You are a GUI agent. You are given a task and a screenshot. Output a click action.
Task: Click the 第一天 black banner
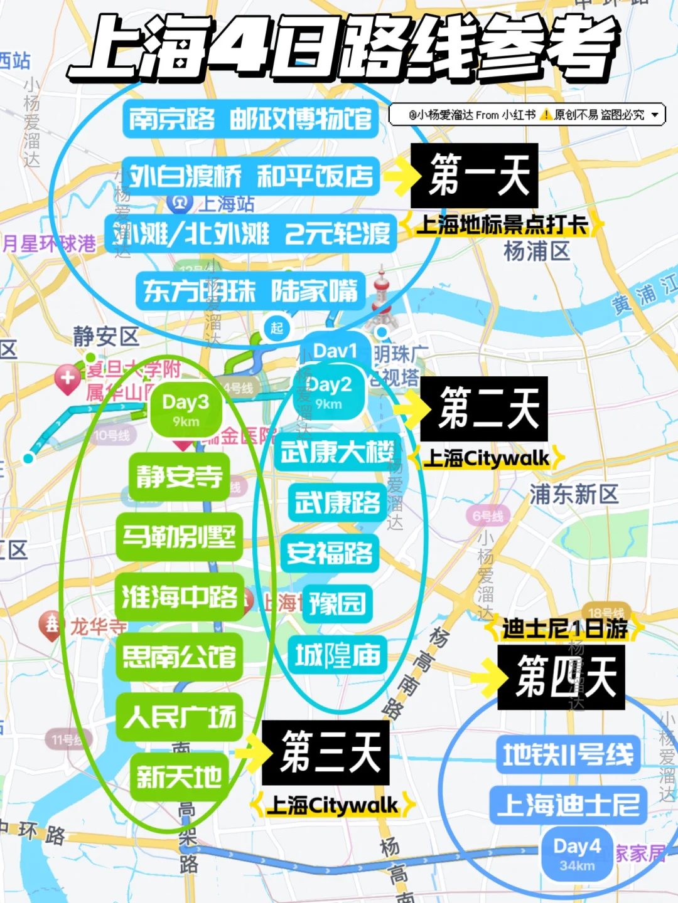click(474, 176)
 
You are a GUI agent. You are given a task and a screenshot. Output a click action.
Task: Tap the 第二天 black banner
click(484, 409)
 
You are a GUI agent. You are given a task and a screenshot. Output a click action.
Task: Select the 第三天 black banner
click(325, 752)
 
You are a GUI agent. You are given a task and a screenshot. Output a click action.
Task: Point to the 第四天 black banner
click(561, 677)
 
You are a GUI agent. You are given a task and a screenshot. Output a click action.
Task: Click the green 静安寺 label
click(180, 477)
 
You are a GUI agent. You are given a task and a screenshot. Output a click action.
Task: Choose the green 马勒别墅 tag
click(180, 537)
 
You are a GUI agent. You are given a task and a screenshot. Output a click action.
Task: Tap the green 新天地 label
click(180, 778)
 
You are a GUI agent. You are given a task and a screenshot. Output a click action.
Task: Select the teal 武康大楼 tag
click(337, 451)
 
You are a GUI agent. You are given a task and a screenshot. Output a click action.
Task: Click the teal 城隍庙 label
click(338, 656)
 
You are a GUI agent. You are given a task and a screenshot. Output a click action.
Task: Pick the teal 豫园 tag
click(337, 604)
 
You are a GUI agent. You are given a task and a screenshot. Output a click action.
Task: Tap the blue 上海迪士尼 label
click(568, 805)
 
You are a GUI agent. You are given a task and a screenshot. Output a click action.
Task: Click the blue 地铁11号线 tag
click(568, 754)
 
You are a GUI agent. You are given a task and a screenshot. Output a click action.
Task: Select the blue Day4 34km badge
click(577, 853)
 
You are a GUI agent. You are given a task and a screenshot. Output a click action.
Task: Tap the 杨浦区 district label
click(537, 251)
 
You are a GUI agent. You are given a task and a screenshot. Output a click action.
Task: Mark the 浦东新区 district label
click(574, 494)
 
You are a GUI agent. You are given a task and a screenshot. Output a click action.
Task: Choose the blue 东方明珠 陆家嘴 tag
click(250, 291)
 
